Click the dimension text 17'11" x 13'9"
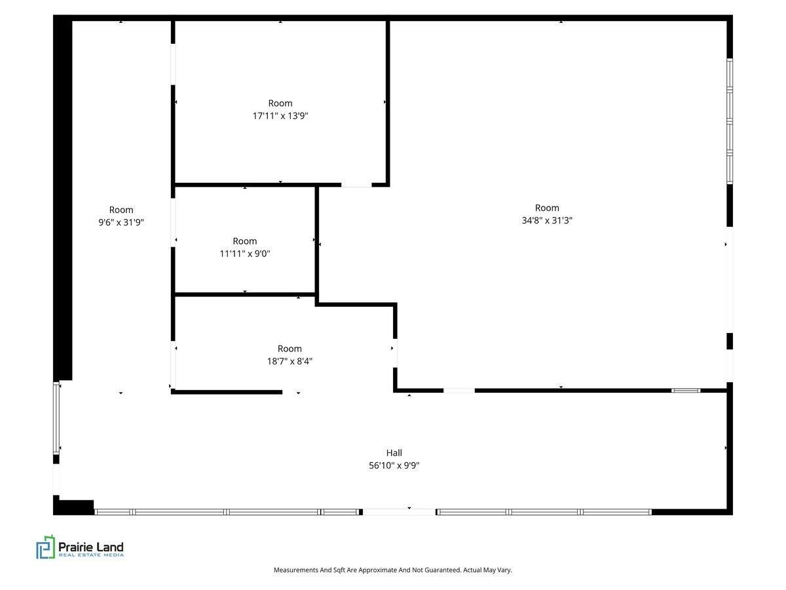(280, 116)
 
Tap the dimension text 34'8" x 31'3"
(546, 220)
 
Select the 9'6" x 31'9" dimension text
(121, 222)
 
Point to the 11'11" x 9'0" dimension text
(244, 254)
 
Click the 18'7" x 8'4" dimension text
(290, 361)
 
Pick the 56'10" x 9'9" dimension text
(394, 465)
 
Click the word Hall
(394, 453)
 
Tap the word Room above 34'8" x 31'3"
(547, 208)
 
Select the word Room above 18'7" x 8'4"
(290, 349)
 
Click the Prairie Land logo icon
(45, 547)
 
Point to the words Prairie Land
(91, 547)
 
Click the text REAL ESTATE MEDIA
(91, 555)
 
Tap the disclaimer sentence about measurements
(393, 570)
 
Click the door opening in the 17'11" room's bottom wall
(356, 185)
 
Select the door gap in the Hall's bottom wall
(400, 512)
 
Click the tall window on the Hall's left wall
(56, 418)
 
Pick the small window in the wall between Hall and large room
(685, 391)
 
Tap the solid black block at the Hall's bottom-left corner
(73, 507)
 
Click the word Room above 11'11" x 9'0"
(244, 241)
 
